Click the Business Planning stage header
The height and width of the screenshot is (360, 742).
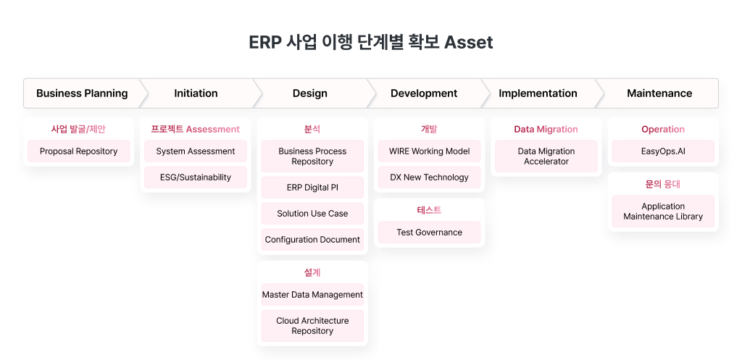[82, 93]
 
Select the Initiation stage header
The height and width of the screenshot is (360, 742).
[196, 93]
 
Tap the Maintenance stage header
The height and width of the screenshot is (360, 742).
[659, 93]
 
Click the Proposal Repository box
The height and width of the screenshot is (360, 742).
[78, 151]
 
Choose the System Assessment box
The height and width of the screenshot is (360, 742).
[196, 151]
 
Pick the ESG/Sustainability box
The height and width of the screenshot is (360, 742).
[196, 177]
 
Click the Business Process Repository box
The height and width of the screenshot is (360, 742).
[312, 156]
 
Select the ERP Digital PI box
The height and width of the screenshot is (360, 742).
[312, 188]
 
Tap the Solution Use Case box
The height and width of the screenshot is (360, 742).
[312, 214]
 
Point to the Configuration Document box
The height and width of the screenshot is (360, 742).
[312, 239]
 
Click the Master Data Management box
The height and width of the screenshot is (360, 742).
[312, 295]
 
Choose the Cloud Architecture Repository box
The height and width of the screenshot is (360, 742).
[312, 326]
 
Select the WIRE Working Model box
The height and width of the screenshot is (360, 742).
[429, 151]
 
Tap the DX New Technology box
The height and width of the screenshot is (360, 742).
[429, 177]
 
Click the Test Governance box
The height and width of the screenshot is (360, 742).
[429, 233]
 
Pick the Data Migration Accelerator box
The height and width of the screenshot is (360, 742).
[546, 156]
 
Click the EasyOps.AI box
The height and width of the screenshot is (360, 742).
[663, 151]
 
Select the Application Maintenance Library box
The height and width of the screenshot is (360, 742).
[663, 212]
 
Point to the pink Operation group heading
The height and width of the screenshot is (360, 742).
[663, 129]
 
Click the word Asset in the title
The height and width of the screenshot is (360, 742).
[469, 42]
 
